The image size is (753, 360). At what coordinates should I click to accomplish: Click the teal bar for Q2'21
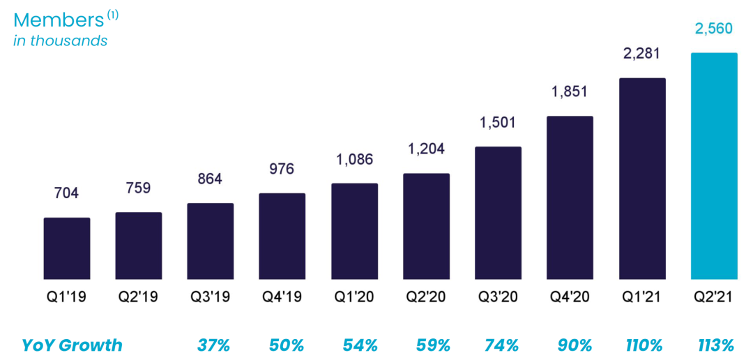[713, 166]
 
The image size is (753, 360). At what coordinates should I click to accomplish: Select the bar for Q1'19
[67, 248]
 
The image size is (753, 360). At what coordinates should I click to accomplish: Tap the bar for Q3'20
[498, 213]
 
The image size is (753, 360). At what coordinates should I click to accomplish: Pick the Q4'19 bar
[282, 236]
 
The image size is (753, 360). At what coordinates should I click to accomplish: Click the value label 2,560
[713, 29]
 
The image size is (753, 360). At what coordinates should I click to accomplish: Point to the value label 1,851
[570, 91]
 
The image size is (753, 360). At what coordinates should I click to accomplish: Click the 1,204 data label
[426, 149]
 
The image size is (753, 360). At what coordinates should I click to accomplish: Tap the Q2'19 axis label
[138, 297]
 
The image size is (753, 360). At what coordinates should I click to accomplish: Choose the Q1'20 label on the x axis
[354, 297]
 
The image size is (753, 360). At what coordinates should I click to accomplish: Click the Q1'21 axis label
[641, 297]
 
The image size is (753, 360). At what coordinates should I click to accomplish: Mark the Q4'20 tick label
[570, 297]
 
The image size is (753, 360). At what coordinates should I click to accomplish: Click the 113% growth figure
[715, 345]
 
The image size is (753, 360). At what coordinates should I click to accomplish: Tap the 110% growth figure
[643, 345]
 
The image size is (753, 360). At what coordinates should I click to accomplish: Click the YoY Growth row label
[72, 345]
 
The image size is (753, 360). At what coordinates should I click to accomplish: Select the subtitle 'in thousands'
[61, 40]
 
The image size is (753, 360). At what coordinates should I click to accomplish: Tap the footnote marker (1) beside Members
[112, 14]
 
